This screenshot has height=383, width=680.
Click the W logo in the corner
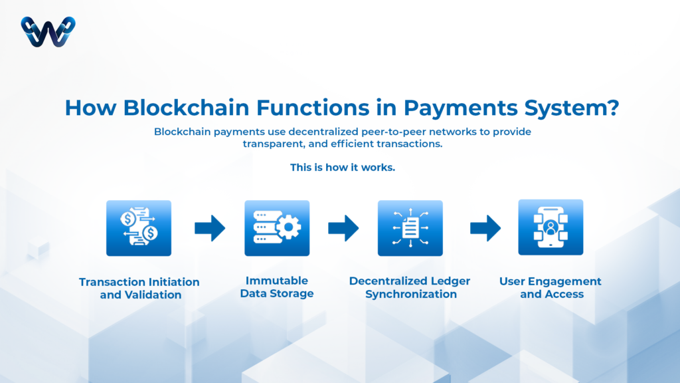click(48, 31)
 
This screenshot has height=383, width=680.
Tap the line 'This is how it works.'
click(343, 167)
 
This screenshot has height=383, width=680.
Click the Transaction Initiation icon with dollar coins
click(139, 228)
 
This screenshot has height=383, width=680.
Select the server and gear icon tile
click(277, 228)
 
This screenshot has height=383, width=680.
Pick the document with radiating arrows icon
click(410, 228)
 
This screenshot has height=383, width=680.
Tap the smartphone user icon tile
click(551, 227)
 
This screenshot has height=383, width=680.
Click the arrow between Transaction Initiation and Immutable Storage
click(209, 228)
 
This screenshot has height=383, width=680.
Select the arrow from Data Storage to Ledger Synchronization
click(343, 228)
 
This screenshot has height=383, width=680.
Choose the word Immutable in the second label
click(277, 281)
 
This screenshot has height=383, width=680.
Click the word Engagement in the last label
click(566, 281)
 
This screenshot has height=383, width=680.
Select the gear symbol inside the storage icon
click(288, 228)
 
